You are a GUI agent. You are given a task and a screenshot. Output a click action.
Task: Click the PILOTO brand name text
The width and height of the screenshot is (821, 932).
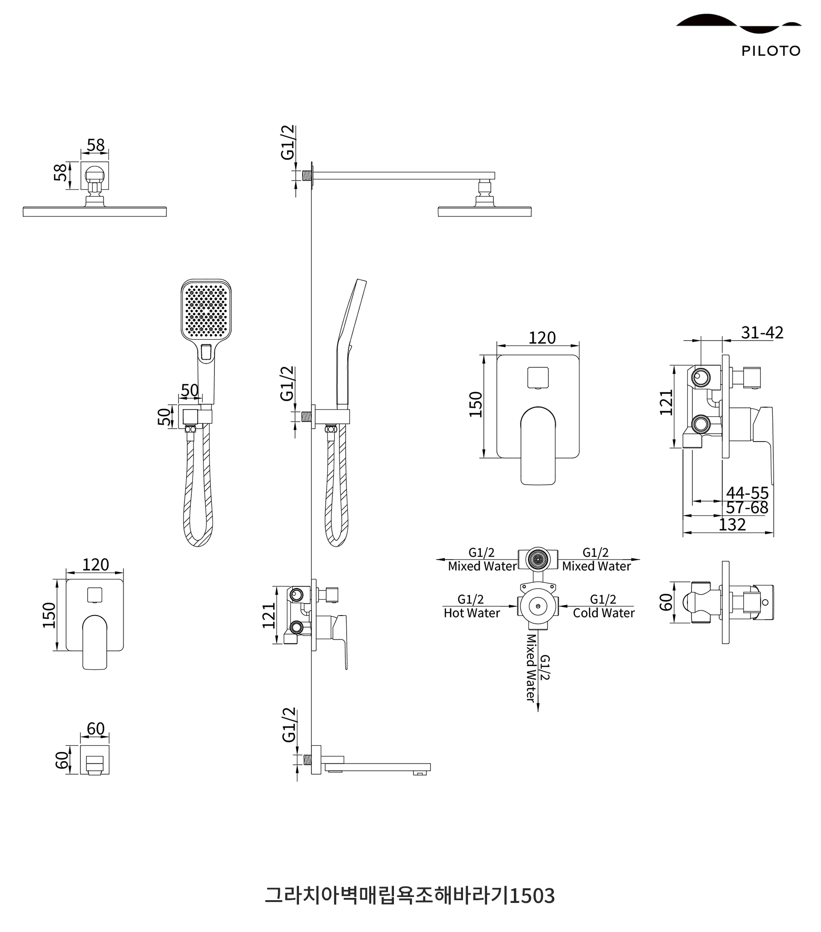pos(771,50)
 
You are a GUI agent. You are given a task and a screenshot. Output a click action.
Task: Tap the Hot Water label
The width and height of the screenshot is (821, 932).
pos(472,613)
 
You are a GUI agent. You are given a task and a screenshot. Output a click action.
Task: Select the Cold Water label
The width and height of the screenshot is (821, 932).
pos(603,613)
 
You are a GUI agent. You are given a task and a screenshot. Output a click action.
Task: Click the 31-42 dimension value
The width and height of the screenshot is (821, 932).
pos(762,333)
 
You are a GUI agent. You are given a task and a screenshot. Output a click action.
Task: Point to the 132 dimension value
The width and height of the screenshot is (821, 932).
pos(731,524)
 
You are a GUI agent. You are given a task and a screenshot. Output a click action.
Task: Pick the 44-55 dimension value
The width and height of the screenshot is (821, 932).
pos(747,493)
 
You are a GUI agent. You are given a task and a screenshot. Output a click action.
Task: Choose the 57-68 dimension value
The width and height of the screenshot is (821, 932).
pos(747,507)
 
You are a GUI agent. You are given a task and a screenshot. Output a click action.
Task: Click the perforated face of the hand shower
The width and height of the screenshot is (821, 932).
pos(206,310)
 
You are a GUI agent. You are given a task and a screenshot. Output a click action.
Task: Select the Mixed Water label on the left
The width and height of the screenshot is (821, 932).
pos(482,566)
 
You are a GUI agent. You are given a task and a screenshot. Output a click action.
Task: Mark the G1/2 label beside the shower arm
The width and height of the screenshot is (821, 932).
pos(288,142)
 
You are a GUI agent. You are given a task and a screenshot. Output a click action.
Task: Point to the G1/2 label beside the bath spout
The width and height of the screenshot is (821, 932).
pos(289,725)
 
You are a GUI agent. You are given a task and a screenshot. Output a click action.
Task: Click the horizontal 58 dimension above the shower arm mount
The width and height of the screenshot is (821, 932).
pos(96,145)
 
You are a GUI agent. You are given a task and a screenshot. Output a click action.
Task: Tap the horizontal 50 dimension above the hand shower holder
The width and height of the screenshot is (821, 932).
pos(189,391)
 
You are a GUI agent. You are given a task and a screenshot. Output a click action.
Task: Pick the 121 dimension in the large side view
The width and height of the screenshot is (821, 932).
pos(666,402)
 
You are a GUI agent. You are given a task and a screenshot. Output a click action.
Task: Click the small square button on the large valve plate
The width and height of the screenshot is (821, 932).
pos(537,377)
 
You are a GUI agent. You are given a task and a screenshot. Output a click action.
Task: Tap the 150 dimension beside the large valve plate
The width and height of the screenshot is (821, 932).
pos(476,404)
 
